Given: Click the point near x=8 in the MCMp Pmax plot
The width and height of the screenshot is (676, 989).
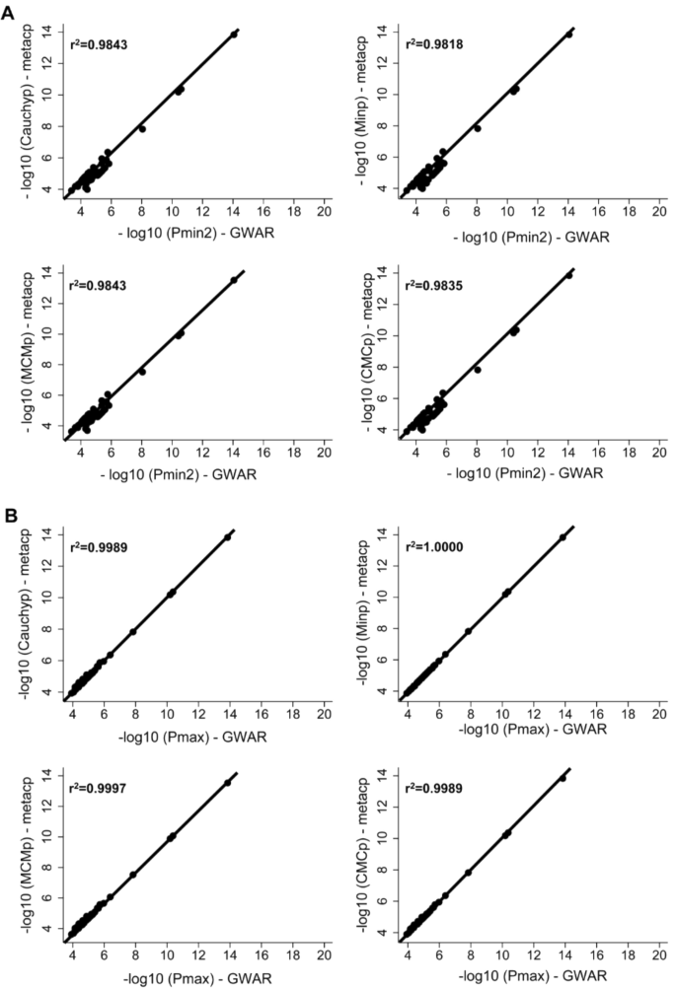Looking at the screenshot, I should point(133,874).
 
